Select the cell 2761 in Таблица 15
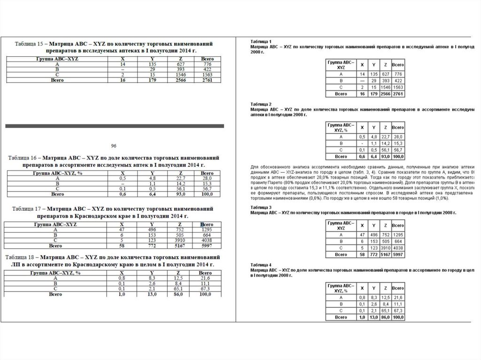pos(207,81)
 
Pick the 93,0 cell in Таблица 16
pos(179,193)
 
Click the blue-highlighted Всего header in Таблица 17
pos(206,225)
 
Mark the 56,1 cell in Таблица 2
pos(385,149)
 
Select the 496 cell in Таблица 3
pos(374,234)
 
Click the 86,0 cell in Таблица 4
pos(385,317)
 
